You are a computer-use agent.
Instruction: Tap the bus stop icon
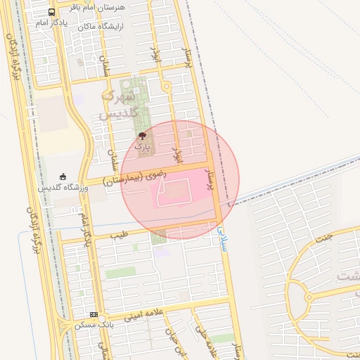(x=52, y=12)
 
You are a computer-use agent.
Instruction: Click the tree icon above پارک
(x=143, y=135)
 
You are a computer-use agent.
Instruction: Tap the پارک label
(x=143, y=147)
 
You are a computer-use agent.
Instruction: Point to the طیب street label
(x=121, y=233)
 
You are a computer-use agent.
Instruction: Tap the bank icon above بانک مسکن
(x=94, y=314)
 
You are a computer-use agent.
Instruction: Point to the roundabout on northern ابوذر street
(x=167, y=86)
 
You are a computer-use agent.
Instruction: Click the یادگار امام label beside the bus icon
(x=52, y=23)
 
